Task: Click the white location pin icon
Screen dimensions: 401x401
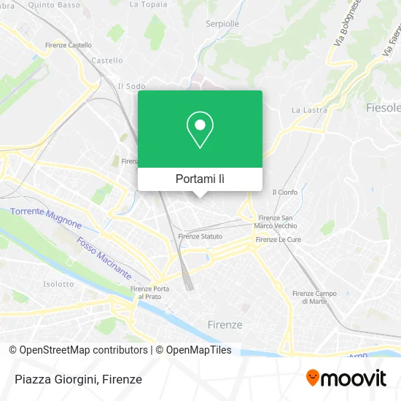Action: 200,130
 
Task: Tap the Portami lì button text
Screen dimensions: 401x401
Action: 200,179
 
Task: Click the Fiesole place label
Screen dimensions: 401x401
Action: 382,108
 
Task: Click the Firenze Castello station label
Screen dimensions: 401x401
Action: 69,45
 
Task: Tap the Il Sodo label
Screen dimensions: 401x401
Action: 131,86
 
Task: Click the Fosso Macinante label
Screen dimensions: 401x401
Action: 104,259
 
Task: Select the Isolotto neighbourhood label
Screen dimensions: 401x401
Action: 58,284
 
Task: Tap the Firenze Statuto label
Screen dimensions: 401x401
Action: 200,236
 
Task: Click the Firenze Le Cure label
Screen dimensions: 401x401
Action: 277,239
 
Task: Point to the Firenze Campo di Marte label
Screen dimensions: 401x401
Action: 315,297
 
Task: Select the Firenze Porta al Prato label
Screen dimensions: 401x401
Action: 152,292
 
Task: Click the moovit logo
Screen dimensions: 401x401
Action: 346,378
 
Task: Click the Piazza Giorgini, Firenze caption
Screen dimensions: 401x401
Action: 77,379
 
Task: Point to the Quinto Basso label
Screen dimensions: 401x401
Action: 55,4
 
